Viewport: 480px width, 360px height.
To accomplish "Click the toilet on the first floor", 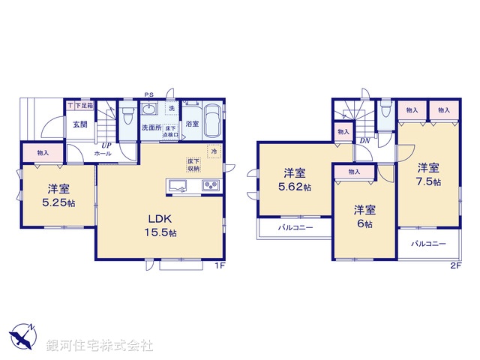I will point(128,117).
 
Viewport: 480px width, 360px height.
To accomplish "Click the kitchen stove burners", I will point(209,185).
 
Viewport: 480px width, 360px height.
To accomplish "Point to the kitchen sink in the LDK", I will point(179,185).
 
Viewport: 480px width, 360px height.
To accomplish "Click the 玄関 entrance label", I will point(79,124).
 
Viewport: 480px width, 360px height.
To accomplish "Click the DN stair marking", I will point(364,140).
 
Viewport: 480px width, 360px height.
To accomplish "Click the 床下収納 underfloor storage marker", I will point(193,165).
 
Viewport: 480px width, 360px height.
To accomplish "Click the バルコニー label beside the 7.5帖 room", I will point(427,244).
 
